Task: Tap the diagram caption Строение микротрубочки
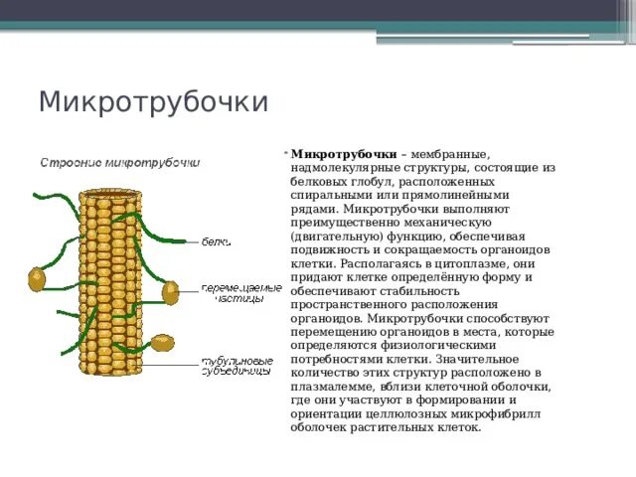coord(119,162)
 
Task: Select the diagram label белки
coord(217,241)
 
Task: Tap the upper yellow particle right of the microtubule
coord(170,291)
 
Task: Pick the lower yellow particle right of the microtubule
coord(163,343)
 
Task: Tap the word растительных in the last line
coord(393,428)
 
